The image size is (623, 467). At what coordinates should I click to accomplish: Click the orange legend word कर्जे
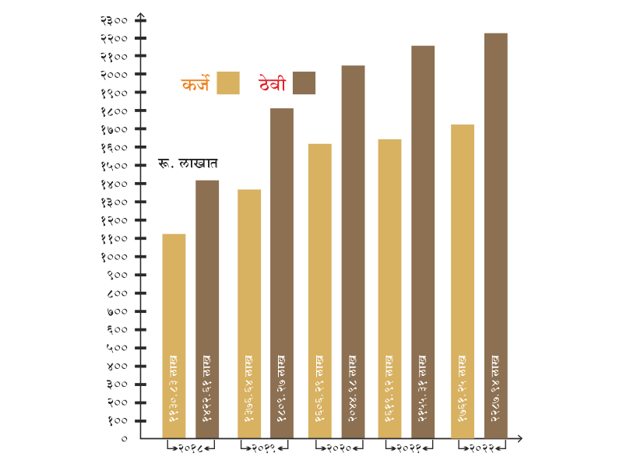195,84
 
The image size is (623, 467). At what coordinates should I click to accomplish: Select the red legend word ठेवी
273,84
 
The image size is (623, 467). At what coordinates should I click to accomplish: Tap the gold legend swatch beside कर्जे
228,83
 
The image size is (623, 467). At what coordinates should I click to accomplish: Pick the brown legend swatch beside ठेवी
304,83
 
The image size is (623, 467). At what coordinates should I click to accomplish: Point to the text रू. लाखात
188,163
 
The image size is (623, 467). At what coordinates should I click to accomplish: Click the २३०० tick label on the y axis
114,19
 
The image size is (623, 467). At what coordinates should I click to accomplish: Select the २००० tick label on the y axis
114,74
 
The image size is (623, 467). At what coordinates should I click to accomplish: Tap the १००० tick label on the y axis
114,256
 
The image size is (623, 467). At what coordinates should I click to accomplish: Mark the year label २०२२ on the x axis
483,449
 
